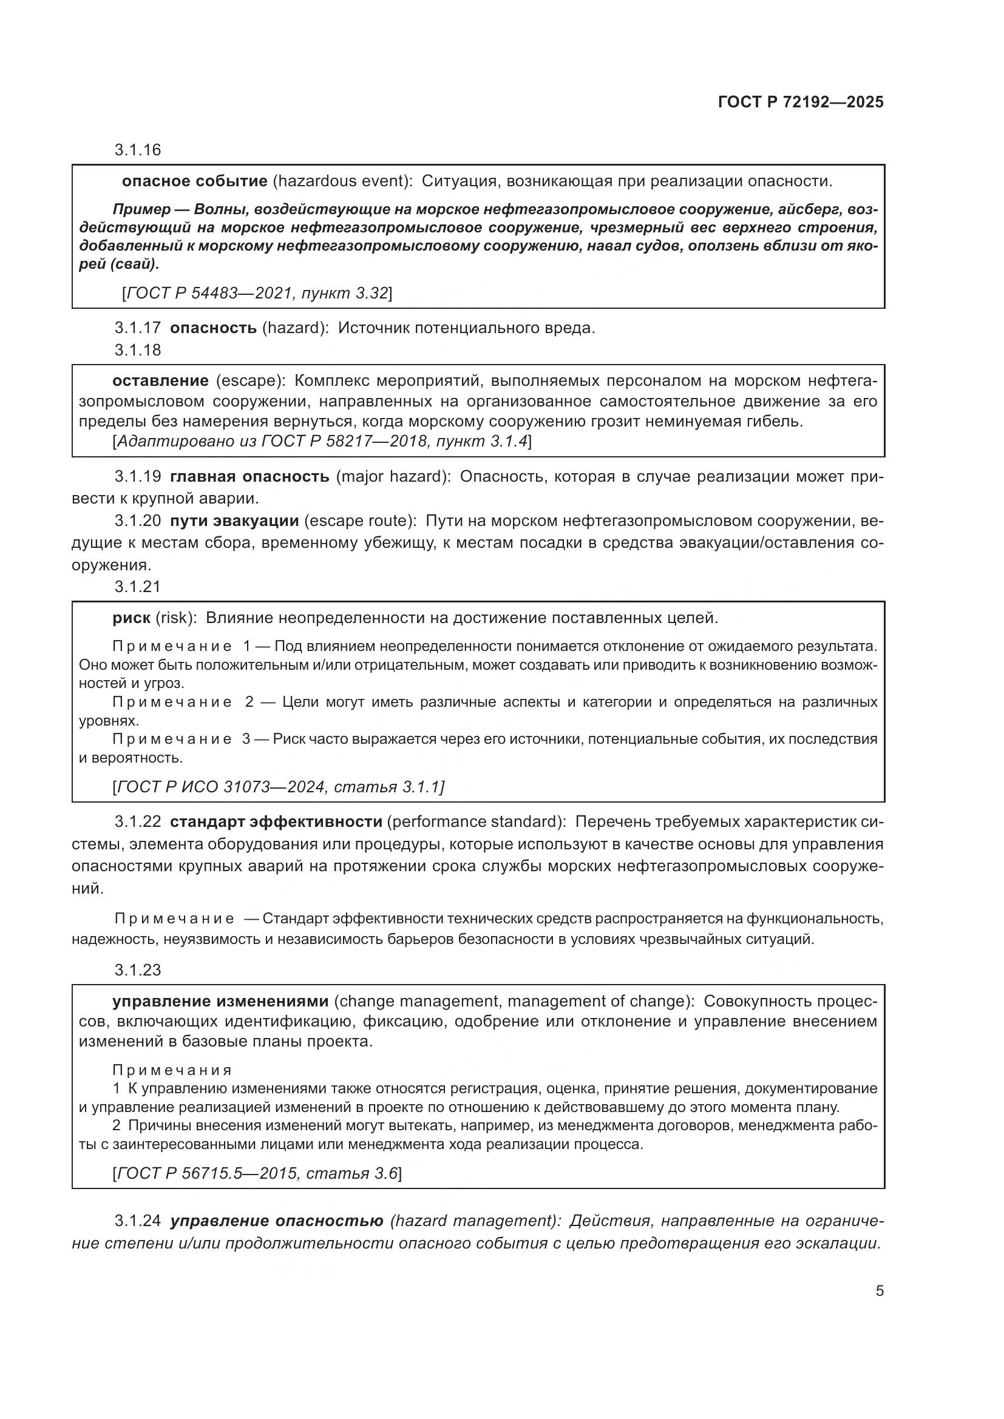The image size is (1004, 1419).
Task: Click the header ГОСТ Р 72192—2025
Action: coord(801,103)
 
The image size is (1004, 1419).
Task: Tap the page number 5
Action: coord(879,1290)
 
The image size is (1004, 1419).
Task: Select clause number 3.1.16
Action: coord(137,150)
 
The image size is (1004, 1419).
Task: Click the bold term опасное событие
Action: coord(195,181)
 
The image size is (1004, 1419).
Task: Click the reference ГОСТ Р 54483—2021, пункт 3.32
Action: coord(257,292)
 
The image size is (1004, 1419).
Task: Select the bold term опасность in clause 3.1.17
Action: coord(213,328)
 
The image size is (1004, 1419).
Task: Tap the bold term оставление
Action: coord(160,380)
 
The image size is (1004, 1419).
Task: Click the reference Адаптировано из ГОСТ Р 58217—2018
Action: coord(322,441)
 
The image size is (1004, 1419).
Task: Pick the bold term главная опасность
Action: coord(249,476)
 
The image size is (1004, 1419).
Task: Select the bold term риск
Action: coord(131,618)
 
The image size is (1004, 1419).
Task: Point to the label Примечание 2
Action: coord(183,702)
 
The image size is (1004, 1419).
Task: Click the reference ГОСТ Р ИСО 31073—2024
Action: coord(278,787)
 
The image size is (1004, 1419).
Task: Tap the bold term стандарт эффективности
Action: coord(276,821)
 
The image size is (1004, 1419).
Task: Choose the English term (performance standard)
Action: coord(475,821)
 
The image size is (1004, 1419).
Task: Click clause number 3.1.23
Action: coord(137,969)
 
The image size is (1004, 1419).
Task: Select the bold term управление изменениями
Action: coord(220,1001)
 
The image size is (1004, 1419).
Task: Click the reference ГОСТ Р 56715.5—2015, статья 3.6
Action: coord(257,1173)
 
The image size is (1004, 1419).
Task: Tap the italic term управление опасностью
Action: coord(276,1221)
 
